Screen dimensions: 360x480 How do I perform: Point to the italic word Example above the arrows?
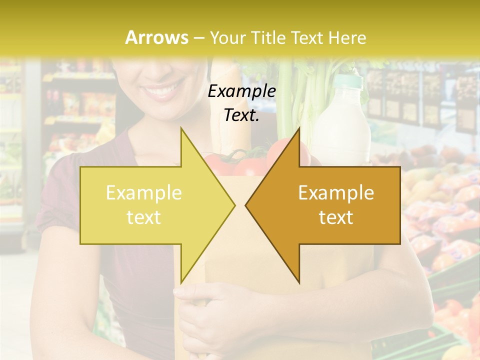(241, 91)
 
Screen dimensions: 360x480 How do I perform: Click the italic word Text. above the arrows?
(241, 115)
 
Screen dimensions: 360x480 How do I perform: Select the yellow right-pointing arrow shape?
(150, 205)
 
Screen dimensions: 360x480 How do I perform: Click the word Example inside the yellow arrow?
(144, 193)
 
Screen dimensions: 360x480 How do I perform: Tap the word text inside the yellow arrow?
(144, 217)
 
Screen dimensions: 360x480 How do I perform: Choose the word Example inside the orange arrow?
(336, 193)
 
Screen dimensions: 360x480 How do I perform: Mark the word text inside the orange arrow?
(336, 217)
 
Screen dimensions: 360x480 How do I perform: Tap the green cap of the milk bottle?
(348, 80)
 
